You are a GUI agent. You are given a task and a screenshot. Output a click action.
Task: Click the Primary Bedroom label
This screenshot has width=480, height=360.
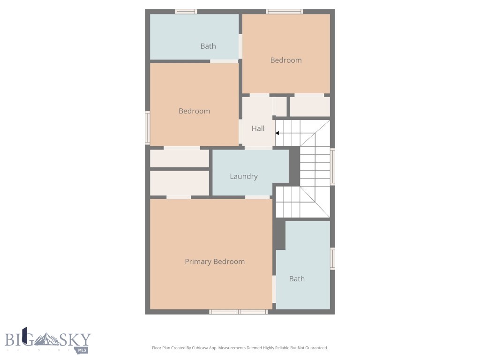coord(215,262)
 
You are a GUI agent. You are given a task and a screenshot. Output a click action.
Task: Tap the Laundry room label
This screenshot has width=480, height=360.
coord(244,176)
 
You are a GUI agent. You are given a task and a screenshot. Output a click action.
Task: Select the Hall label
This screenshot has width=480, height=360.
coord(258,128)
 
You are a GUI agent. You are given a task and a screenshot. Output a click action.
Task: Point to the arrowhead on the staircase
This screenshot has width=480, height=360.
coord(277,133)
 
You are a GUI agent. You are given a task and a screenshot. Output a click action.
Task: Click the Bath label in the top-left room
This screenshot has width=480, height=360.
coord(208,46)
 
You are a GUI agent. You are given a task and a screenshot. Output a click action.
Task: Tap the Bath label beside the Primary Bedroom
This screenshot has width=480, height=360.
coord(297,279)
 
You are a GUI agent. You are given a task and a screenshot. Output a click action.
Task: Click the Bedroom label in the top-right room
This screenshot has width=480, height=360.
coord(286,60)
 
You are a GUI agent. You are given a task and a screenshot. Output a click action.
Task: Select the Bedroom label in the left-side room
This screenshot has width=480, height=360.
coord(194,111)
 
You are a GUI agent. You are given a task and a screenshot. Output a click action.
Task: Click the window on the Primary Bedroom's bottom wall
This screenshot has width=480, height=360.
coord(238,312)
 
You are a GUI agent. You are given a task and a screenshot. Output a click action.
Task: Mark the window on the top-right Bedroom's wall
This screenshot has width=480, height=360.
coord(285,11)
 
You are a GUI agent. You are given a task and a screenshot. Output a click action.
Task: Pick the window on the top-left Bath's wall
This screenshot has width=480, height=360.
coord(186,11)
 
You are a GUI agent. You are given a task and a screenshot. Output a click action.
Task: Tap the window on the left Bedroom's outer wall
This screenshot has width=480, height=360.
coord(147,127)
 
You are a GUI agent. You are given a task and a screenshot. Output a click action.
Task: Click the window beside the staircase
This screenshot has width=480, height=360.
coord(333,166)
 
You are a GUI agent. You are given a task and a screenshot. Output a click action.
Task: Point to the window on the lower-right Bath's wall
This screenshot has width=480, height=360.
coord(333,258)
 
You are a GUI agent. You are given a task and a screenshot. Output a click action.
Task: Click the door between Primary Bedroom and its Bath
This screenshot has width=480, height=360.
coord(274,289)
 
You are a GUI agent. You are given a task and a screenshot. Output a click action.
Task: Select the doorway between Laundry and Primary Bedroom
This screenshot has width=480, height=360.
coord(257,197)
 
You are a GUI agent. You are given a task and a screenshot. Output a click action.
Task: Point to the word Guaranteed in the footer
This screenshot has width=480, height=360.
coord(316,348)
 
